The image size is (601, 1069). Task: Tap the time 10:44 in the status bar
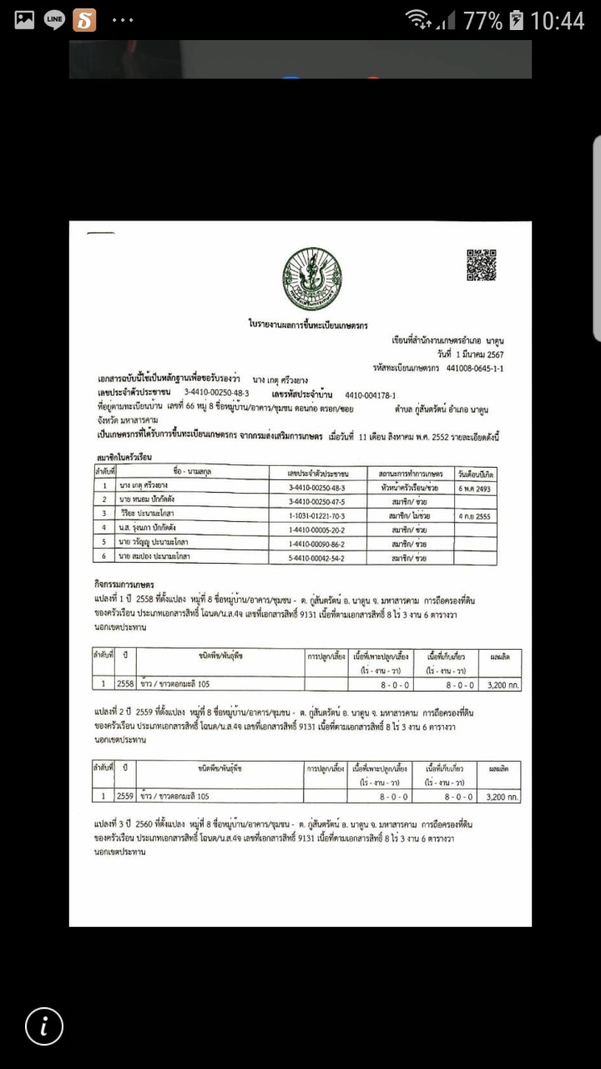pyautogui.click(x=557, y=20)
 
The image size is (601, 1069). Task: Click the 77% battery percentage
pyautogui.click(x=483, y=20)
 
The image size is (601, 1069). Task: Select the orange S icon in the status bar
pyautogui.click(x=84, y=19)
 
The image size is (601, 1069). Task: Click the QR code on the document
pyautogui.click(x=481, y=265)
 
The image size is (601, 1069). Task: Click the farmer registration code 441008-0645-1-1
pyautogui.click(x=475, y=367)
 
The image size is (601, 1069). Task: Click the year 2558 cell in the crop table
pyautogui.click(x=125, y=683)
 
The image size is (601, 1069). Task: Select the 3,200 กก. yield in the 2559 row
pyautogui.click(x=503, y=797)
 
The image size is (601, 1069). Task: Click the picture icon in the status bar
pyautogui.click(x=24, y=19)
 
